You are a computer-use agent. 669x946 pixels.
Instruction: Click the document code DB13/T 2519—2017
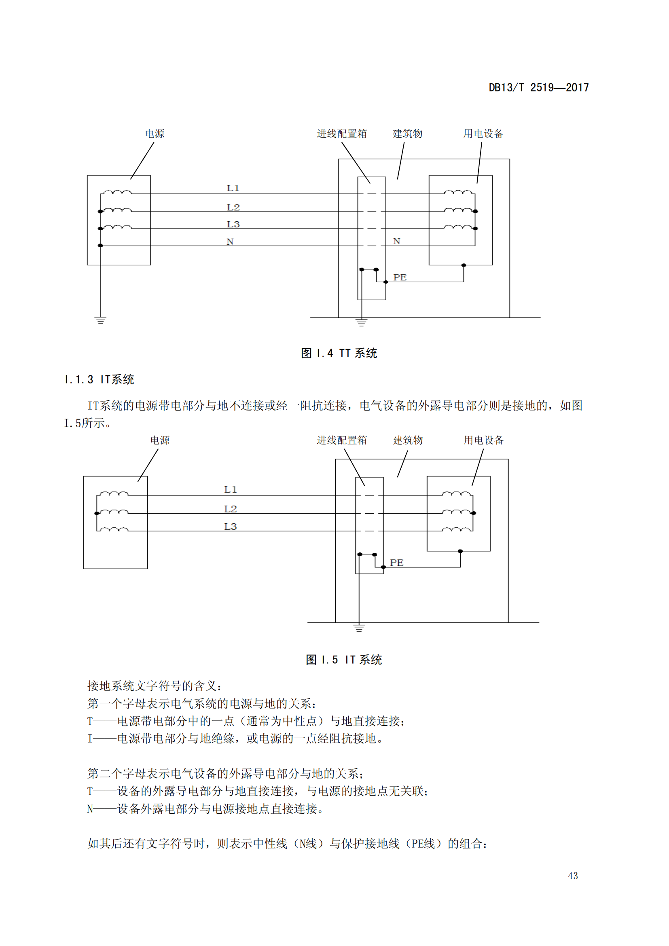point(538,87)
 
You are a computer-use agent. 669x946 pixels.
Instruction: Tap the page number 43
point(573,876)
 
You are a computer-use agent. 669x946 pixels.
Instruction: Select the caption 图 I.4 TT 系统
point(339,353)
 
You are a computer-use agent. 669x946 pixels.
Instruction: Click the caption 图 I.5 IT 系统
point(343,660)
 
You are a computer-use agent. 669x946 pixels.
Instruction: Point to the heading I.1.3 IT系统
point(99,379)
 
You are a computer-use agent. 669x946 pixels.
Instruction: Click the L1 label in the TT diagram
point(233,188)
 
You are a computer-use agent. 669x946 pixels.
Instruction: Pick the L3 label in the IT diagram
point(230,527)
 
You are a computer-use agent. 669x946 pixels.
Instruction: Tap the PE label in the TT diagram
point(400,277)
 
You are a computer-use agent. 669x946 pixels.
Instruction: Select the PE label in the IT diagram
point(396,563)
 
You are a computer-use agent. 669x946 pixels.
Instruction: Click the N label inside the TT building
point(396,241)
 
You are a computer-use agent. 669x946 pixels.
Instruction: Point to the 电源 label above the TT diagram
point(155,133)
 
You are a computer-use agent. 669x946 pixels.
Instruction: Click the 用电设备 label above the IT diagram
point(484,440)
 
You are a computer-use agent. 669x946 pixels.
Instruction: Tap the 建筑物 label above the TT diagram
point(407,133)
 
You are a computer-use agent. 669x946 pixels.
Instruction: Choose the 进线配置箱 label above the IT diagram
point(341,440)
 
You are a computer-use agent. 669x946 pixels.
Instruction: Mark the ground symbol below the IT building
point(359,628)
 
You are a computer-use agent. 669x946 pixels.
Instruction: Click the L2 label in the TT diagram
point(233,207)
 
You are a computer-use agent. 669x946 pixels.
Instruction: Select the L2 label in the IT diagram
point(230,509)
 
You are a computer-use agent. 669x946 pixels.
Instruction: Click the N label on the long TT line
point(230,241)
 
